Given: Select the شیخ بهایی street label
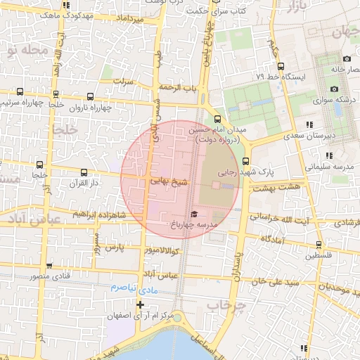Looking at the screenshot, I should coord(169,181).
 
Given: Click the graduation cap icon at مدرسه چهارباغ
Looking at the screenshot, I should coord(194,213).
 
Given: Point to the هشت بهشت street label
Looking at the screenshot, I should coord(276,187).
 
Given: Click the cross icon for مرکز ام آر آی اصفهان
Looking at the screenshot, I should coord(140,304).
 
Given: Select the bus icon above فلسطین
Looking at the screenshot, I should coord(319,245).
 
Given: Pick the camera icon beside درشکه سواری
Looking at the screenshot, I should coord(334,89).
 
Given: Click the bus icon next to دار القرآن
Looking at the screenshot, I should coord(84,172).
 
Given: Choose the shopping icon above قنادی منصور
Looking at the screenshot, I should coord(49,265).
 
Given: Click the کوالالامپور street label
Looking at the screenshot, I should coord(164,251).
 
